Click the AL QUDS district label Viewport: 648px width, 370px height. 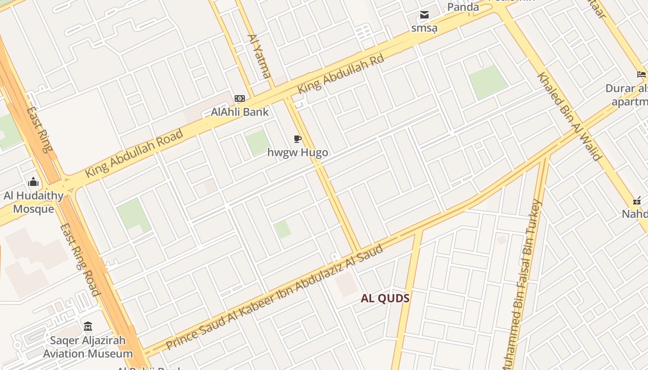pos(385,298)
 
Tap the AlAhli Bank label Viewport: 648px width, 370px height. pos(240,111)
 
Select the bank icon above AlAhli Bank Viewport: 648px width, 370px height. pos(239,99)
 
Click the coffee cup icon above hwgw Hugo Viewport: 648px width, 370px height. pos(298,139)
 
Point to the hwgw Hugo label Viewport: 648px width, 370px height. pos(298,152)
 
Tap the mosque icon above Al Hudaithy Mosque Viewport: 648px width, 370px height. pos(33,182)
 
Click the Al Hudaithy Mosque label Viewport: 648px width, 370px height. pos(33,202)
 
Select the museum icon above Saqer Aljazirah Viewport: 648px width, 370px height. pos(88,327)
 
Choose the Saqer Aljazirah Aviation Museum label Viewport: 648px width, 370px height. pos(88,347)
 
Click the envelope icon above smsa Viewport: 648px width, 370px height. pos(424,15)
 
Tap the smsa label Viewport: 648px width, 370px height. pos(424,28)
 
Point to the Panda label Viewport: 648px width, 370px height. pos(463,7)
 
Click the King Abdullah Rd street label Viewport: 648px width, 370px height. pos(341,75)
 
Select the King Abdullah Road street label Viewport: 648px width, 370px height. pos(134,154)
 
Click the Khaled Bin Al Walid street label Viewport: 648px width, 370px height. pos(569,116)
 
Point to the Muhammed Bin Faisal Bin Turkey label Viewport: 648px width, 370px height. pos(521,284)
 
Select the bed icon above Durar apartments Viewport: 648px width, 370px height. pos(642,74)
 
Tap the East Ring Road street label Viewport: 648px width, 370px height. pos(80,259)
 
